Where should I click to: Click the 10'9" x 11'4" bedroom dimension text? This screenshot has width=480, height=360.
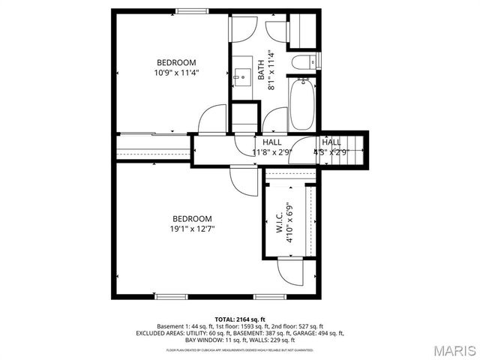[176, 73]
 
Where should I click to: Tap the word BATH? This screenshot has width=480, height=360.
[262, 70]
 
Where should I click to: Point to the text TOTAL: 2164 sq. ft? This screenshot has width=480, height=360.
[240, 319]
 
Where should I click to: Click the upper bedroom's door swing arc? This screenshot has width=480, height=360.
[214, 119]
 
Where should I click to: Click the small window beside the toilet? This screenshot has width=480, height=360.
[319, 60]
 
